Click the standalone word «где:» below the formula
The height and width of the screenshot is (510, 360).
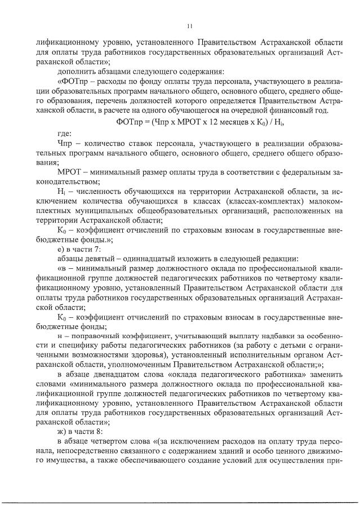point(65,134)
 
